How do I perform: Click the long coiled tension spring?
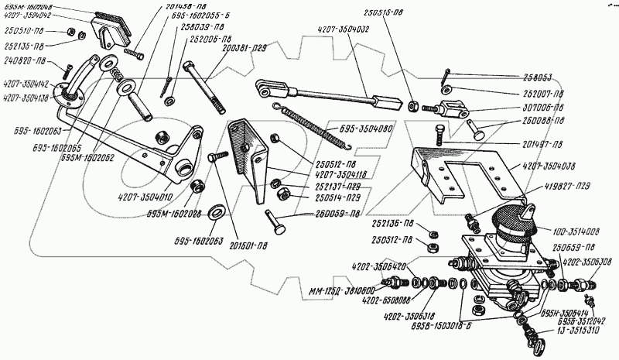305,126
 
